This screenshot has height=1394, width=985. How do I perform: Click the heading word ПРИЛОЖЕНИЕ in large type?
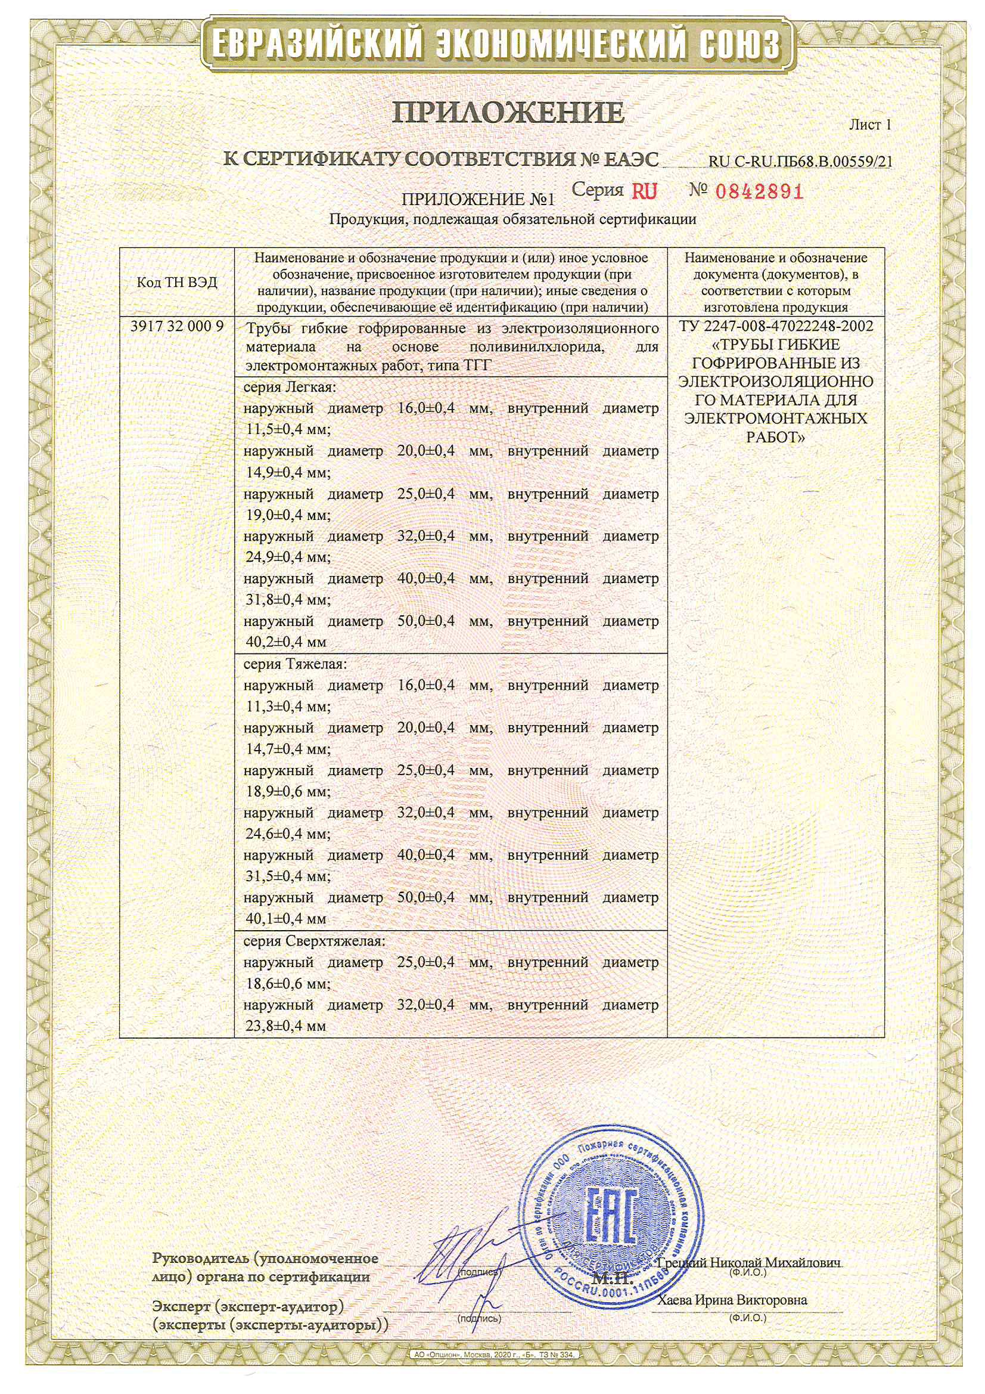(x=508, y=112)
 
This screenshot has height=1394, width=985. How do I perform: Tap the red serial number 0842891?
(x=759, y=192)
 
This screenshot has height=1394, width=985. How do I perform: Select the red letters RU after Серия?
(x=644, y=192)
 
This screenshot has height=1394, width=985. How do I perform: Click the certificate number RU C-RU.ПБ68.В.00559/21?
(x=800, y=162)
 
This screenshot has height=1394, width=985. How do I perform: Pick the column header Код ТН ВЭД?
(x=176, y=283)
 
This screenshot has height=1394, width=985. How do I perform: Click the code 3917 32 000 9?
(x=177, y=326)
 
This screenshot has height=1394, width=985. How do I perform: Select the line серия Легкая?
(x=290, y=387)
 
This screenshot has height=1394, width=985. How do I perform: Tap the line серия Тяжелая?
(x=295, y=664)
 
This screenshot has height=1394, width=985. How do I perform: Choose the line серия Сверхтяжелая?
(x=314, y=941)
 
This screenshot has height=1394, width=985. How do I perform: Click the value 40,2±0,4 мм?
(x=286, y=642)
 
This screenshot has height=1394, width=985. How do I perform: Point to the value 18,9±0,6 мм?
(x=288, y=791)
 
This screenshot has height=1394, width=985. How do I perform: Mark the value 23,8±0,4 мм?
(x=286, y=1026)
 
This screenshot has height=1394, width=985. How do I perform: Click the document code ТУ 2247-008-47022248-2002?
(x=776, y=326)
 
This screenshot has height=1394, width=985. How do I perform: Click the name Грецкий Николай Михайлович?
(x=750, y=1263)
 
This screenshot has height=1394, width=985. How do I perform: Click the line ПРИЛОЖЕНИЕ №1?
(x=478, y=199)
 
